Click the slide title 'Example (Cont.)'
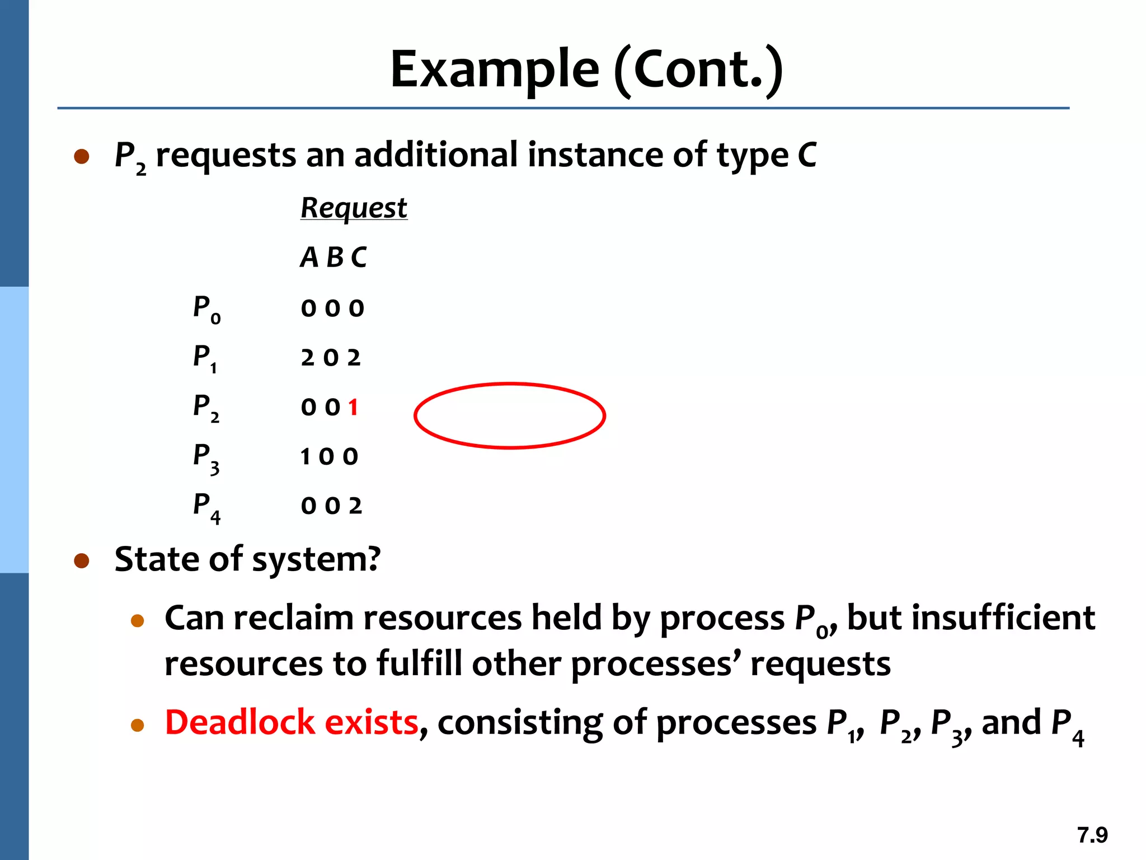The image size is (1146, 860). [x=586, y=69]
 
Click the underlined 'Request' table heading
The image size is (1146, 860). [x=354, y=208]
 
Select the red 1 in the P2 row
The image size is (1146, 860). [x=353, y=407]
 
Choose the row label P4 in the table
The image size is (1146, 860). [x=206, y=507]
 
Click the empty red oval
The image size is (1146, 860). [x=510, y=415]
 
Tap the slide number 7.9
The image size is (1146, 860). [x=1092, y=835]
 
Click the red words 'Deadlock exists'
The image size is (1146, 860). [x=292, y=722]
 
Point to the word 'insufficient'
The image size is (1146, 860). [x=971, y=618]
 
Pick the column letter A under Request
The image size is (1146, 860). [x=309, y=258]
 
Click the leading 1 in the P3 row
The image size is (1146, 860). [x=305, y=457]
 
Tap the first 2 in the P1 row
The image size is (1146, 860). [x=307, y=358]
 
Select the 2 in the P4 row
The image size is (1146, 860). [x=355, y=506]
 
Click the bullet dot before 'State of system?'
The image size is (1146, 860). [x=82, y=560]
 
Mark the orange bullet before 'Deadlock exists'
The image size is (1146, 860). [x=138, y=726]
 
